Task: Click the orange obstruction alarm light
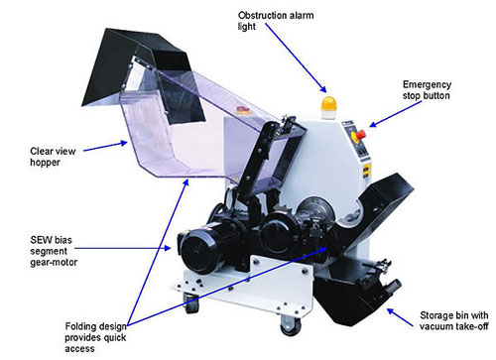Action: (328, 104)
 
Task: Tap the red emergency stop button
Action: (360, 135)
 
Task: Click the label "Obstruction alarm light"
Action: (276, 21)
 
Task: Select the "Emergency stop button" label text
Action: (427, 90)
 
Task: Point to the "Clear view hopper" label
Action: (53, 157)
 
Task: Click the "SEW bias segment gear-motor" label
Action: (54, 251)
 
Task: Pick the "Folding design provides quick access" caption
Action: (95, 337)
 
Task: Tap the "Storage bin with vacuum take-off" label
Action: (454, 320)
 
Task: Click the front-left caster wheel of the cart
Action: (191, 304)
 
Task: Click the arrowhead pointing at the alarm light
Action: (322, 88)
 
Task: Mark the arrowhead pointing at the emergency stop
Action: (373, 124)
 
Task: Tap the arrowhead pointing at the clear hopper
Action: (124, 143)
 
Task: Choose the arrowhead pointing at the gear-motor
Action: (168, 248)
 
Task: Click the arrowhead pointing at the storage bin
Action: (391, 311)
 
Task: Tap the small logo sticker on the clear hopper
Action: (243, 110)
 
